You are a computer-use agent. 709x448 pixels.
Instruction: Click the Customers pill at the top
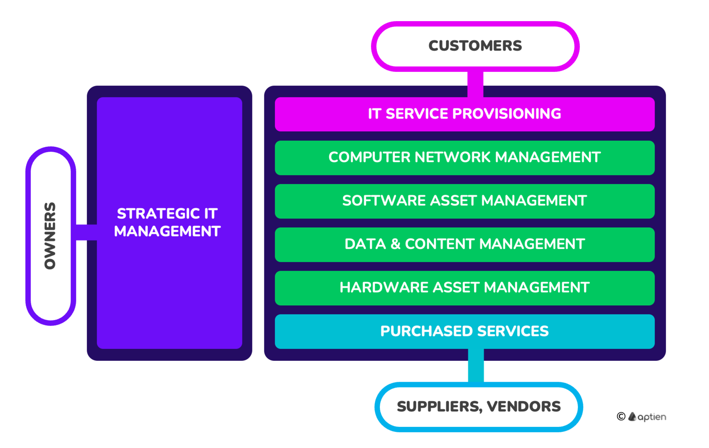coord(475,46)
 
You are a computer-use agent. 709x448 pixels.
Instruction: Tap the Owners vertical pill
coord(51,236)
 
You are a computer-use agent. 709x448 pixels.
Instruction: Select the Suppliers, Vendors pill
coord(479,407)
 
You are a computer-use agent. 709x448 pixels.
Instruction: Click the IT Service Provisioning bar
coord(465,114)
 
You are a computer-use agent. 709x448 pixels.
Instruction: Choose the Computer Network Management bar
coord(465,158)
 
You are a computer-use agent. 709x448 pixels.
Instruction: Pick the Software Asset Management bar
coord(465,201)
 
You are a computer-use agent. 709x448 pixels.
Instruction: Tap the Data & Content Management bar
coord(465,245)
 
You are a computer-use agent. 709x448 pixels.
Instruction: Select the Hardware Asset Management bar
coord(465,288)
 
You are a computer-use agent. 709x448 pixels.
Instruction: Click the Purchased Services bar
coord(465,331)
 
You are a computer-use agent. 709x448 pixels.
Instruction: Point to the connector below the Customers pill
coord(475,84)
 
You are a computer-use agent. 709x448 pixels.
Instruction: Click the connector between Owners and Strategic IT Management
coord(86,232)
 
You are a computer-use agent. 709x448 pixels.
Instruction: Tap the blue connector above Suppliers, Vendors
coord(476,366)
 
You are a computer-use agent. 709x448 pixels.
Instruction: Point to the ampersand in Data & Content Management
coord(395,244)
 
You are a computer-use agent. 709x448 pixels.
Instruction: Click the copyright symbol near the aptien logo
coord(621,416)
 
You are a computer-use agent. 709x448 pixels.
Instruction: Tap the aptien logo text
coord(652,417)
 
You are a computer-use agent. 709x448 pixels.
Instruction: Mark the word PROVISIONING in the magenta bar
coord(507,114)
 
